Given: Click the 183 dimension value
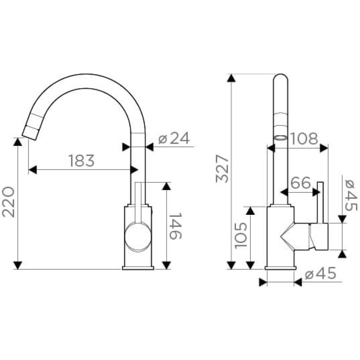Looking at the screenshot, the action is (82, 161).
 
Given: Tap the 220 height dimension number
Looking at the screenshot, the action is (8, 202).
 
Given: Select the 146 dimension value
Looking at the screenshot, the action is (176, 226).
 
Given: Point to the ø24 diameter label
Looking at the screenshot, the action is (174, 138).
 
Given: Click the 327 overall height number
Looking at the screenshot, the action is (222, 169).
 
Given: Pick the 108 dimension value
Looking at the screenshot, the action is (304, 139).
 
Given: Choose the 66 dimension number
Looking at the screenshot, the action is (300, 183).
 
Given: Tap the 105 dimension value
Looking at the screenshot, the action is (241, 235).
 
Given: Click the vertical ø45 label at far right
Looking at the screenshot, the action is (351, 195).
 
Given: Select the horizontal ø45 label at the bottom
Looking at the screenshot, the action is (320, 273).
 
